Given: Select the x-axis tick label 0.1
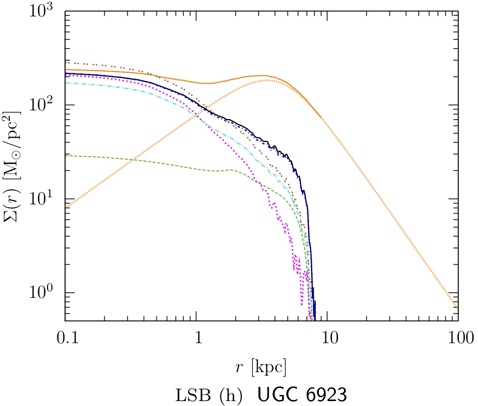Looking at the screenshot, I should pyautogui.click(x=65, y=338).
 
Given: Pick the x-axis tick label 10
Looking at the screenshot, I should pyautogui.click(x=328, y=338).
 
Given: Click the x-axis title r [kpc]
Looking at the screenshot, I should pyautogui.click(x=261, y=367).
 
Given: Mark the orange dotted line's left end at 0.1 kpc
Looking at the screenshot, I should pyautogui.click(x=66, y=208).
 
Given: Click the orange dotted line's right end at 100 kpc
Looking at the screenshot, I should pyautogui.click(x=458, y=309).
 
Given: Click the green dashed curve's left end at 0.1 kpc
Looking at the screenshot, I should pyautogui.click(x=66, y=155).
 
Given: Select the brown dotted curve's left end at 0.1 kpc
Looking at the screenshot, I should pyautogui.click(x=66, y=62).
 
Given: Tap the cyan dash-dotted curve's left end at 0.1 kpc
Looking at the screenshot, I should pyautogui.click(x=66, y=83).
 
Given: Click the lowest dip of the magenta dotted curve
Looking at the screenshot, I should pyautogui.click(x=301, y=305).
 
